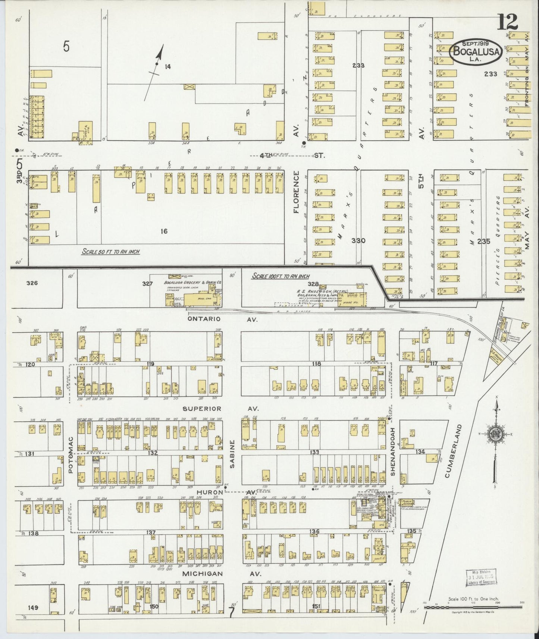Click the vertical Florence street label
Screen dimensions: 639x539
(297, 192)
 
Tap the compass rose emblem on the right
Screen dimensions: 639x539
(495, 436)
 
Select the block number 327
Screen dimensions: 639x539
(147, 284)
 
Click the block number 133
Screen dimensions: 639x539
(314, 452)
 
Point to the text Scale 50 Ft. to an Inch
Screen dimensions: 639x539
(111, 252)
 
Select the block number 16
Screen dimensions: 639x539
(163, 231)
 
